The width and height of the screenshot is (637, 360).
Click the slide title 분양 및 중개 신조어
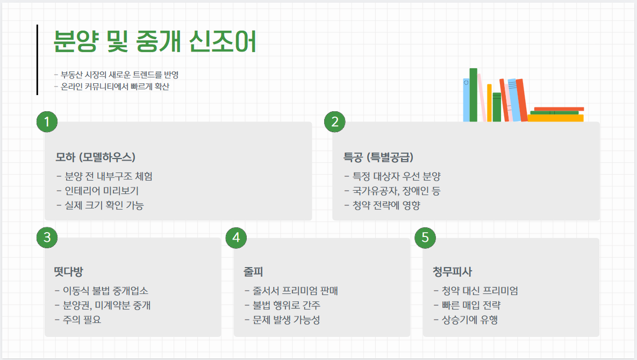(155, 41)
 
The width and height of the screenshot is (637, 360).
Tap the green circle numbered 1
(47, 122)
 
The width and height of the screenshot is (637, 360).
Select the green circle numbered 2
(334, 122)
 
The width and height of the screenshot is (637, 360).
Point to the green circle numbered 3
(47, 237)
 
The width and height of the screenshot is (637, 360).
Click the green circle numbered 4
(236, 237)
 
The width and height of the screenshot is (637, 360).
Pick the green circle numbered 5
(425, 237)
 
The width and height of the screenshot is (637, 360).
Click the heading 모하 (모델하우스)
(95, 157)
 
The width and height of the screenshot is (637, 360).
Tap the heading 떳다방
(68, 271)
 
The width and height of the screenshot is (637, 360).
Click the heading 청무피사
(452, 271)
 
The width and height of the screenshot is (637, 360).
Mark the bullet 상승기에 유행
(466, 320)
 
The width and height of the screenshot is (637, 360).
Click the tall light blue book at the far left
(466, 100)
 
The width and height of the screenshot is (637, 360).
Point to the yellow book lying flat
(555, 118)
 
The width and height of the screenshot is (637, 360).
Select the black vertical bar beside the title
(37, 60)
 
